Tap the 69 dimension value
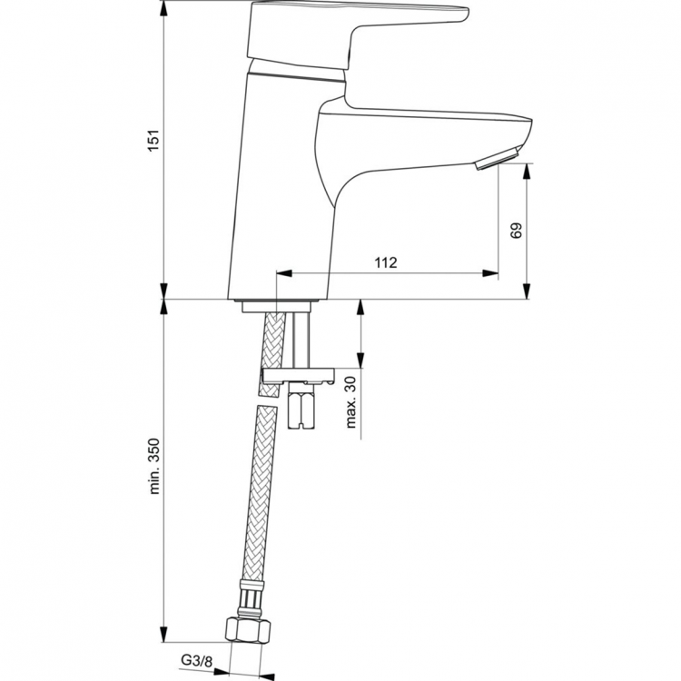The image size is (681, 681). pyautogui.click(x=517, y=231)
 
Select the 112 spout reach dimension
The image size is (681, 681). pyautogui.click(x=385, y=263)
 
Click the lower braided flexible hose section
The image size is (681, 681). pyautogui.click(x=257, y=508)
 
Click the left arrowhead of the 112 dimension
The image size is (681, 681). pyautogui.click(x=281, y=272)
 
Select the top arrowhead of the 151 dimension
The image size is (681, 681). pyautogui.click(x=163, y=7)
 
